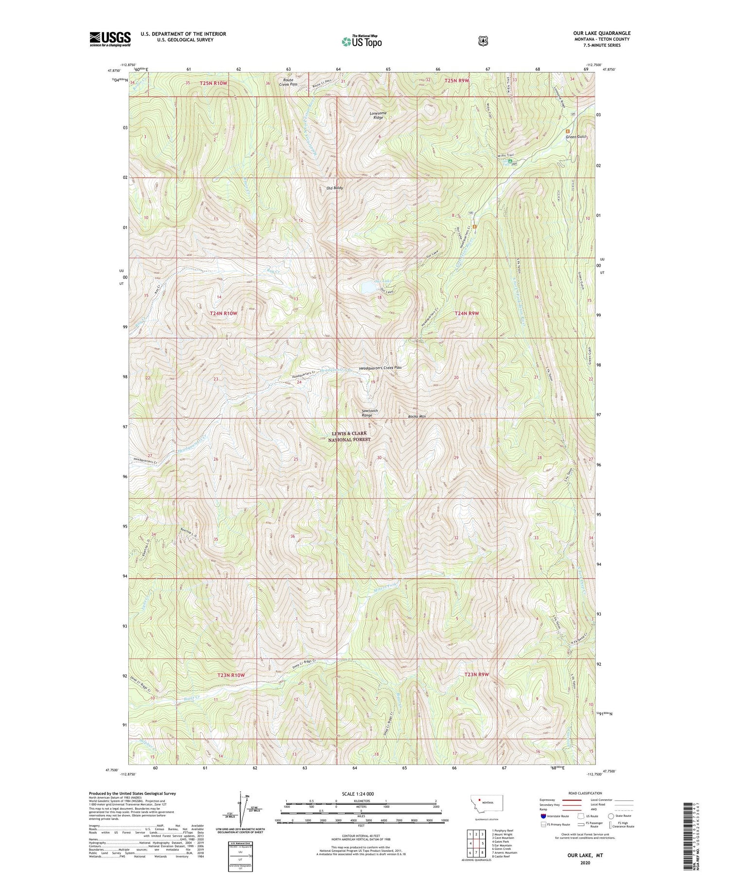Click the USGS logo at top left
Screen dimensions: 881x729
click(110, 39)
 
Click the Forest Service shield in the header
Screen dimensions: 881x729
click(483, 41)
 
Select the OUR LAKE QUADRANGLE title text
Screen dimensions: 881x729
click(602, 33)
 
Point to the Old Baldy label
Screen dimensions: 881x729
click(334, 188)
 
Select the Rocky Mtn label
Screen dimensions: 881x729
click(417, 416)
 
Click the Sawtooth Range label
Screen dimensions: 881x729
click(370, 413)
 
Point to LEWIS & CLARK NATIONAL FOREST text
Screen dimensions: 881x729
click(349, 436)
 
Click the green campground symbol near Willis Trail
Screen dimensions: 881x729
click(510, 161)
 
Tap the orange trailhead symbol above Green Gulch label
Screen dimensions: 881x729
click(567, 131)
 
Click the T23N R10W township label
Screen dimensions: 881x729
click(231, 675)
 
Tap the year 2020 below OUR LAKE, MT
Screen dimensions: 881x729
click(585, 863)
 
